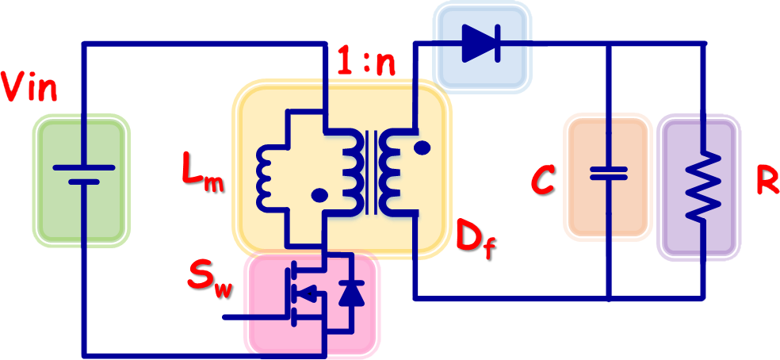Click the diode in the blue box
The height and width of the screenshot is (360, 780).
[481, 43]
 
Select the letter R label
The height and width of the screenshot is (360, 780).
[767, 181]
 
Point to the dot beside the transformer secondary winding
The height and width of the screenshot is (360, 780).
[422, 147]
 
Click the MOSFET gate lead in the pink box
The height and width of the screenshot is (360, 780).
[254, 316]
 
